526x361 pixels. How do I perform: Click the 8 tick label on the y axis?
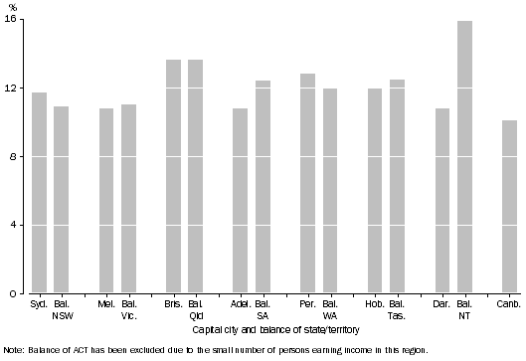pos(14,157)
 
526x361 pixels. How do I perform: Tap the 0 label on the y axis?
pos(14,294)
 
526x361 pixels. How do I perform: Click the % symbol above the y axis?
pos(13,7)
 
